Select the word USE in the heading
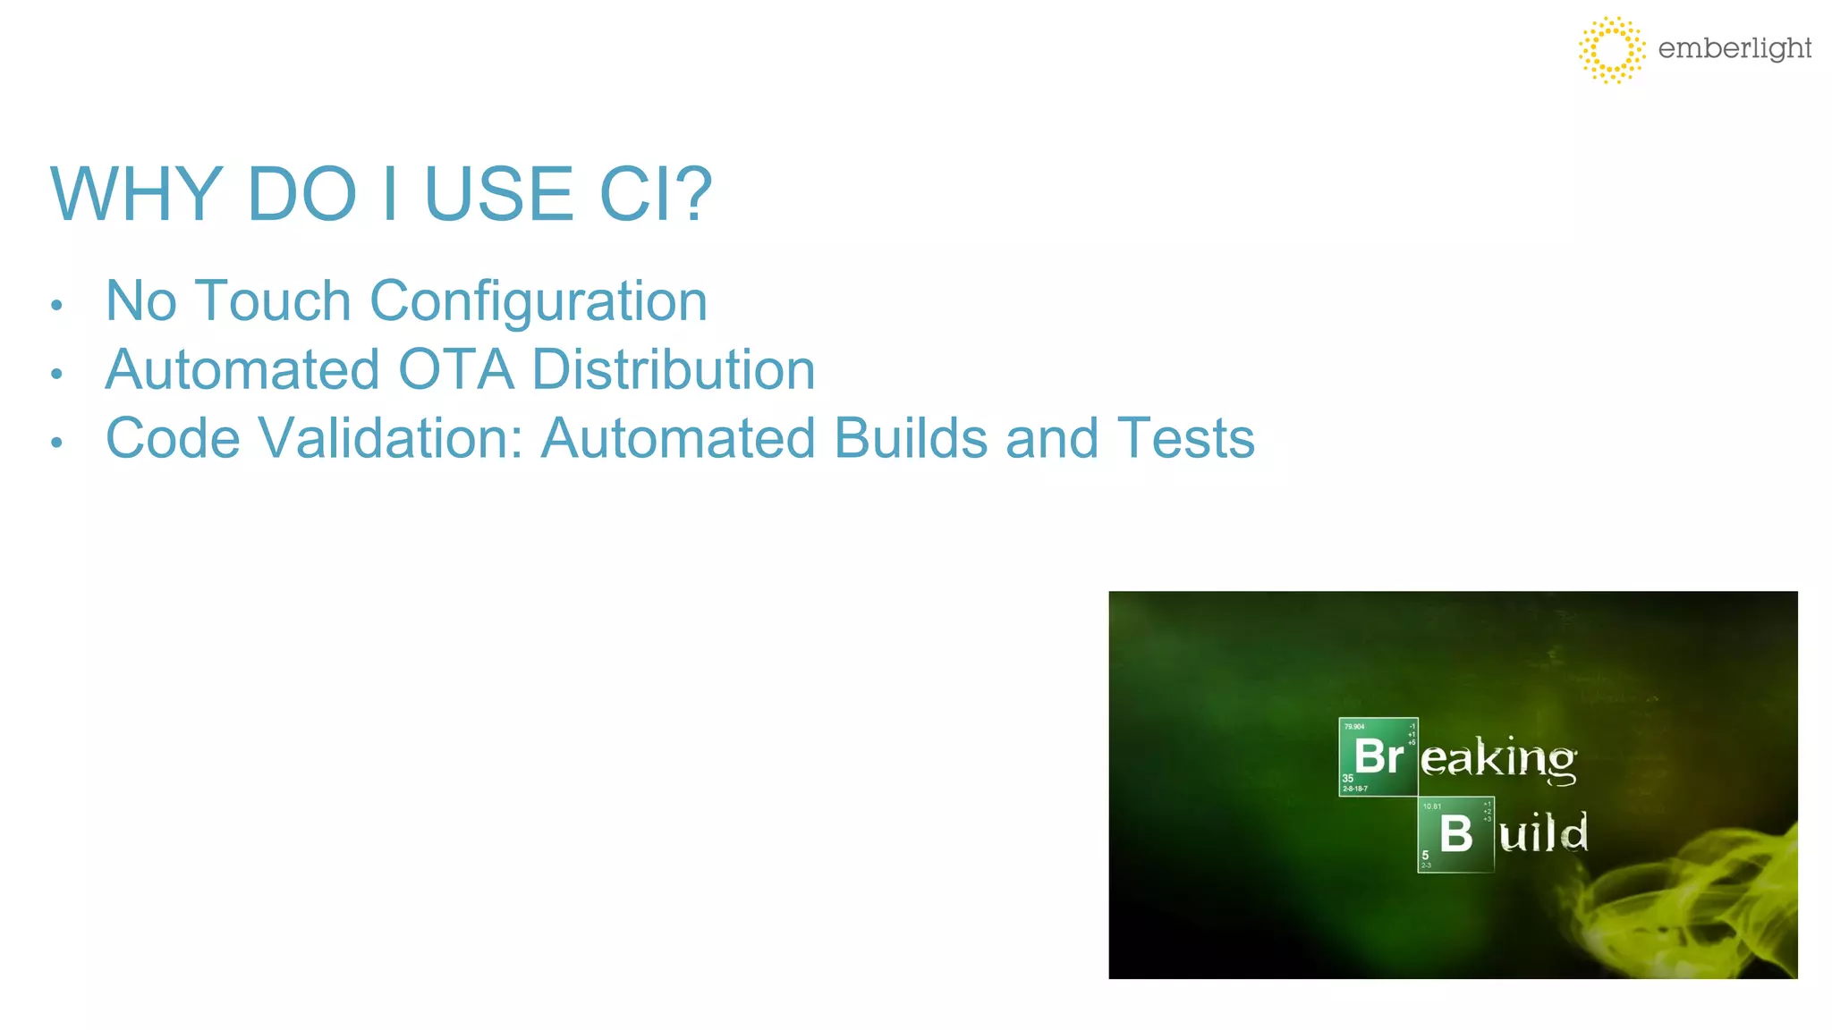498,194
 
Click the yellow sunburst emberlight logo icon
1611,50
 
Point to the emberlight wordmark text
1734,48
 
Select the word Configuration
539,301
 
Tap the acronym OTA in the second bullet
456,369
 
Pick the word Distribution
674,369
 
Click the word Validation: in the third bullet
390,438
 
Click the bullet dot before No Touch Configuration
56,306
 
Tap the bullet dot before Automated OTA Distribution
56,374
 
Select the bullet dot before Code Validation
56,443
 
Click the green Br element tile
1378,756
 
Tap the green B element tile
1455,834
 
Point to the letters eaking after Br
1498,759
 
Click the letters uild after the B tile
1543,834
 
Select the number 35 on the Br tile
1348,779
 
